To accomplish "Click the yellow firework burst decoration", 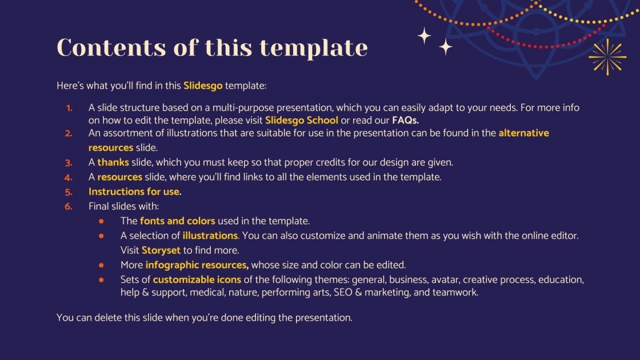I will coord(607,57).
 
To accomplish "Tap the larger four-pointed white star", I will coord(424,36).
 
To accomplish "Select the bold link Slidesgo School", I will coord(301,121).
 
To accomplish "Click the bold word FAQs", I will coord(405,121).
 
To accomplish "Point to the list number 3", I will coord(69,162).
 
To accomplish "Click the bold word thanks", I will coord(113,162).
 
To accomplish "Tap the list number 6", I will coord(69,206).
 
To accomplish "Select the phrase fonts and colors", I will coord(177,221).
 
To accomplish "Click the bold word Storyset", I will coord(161,250).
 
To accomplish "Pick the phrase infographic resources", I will coord(197,265).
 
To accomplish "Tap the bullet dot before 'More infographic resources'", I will coord(101,265).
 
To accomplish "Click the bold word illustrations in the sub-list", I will coord(210,235).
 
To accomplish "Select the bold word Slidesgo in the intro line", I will coord(203,86).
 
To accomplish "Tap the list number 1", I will coord(69,107).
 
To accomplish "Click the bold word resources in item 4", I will coord(119,177).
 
